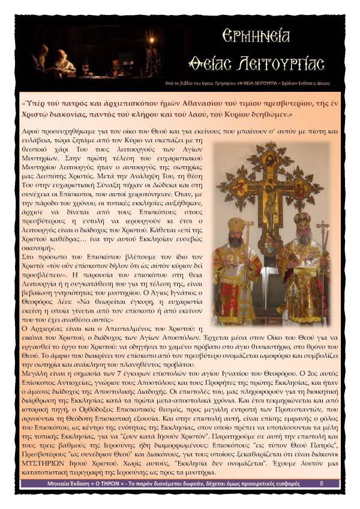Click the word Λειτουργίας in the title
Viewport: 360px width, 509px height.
(x=290, y=62)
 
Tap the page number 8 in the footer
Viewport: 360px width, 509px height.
(x=321, y=482)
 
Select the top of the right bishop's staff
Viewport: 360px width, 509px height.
(x=323, y=227)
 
